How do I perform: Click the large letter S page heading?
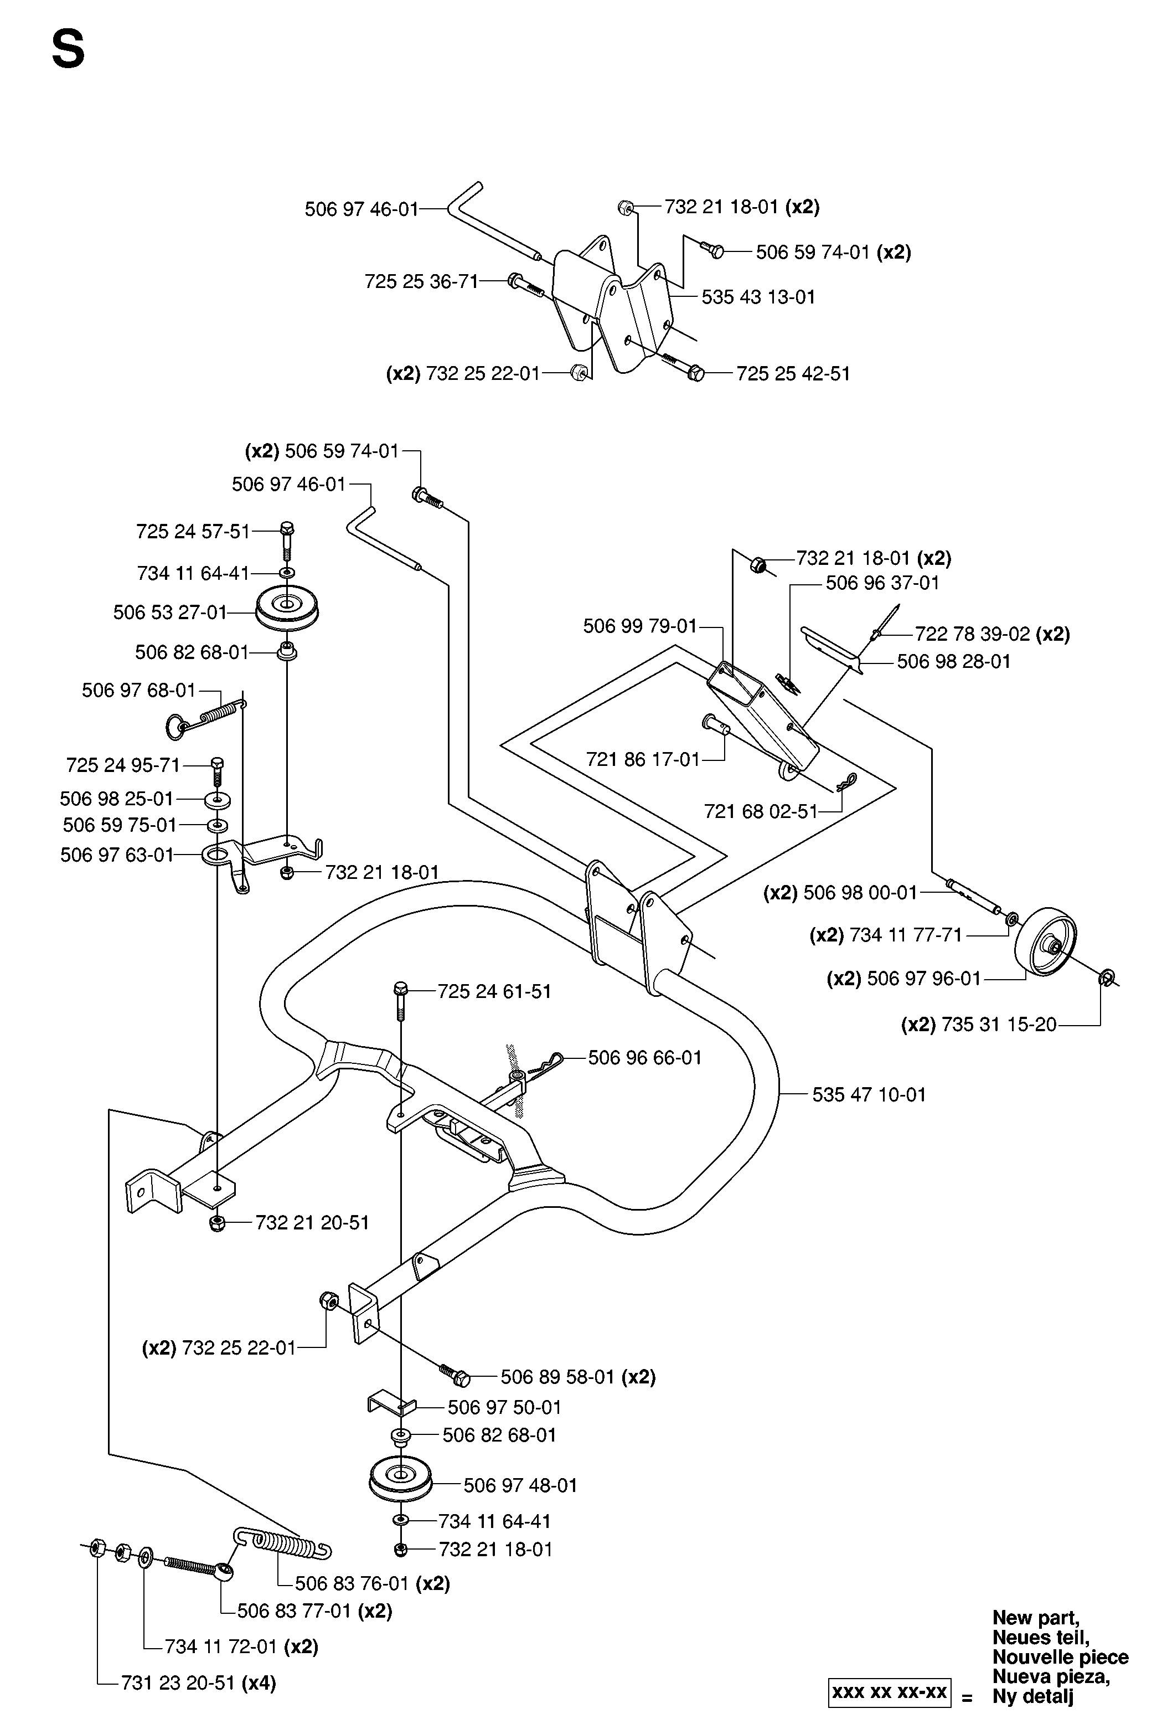click(68, 51)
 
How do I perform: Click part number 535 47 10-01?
click(869, 1094)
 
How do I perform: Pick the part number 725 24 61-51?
click(494, 991)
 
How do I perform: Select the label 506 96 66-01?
click(645, 1057)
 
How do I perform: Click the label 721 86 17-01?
click(643, 759)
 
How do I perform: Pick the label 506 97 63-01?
click(117, 855)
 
